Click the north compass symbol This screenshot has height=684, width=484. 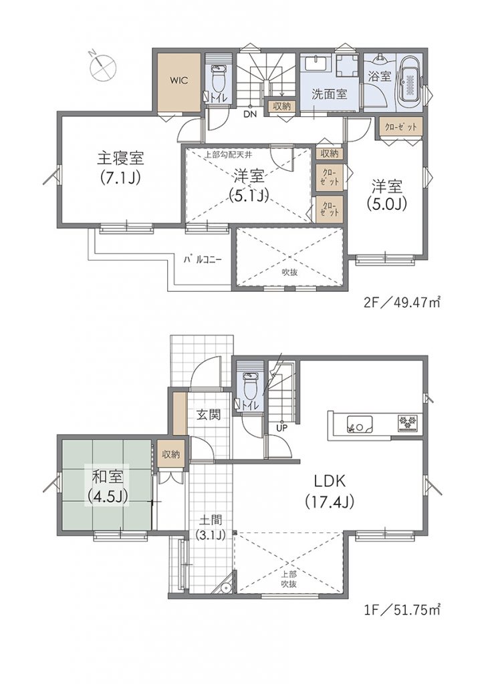(102, 67)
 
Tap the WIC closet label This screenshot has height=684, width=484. (179, 81)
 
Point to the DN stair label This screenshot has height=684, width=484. (250, 114)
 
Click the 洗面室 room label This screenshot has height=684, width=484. (329, 94)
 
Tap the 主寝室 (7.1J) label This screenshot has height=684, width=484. (120, 168)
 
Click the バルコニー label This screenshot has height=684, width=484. (203, 259)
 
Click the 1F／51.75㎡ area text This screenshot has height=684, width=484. (402, 607)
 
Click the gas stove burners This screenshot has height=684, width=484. (408, 423)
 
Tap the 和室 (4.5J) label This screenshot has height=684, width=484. (107, 486)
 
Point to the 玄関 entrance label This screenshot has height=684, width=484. (208, 414)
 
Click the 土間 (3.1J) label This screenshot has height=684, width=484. (211, 528)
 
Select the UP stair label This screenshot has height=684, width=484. (281, 428)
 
